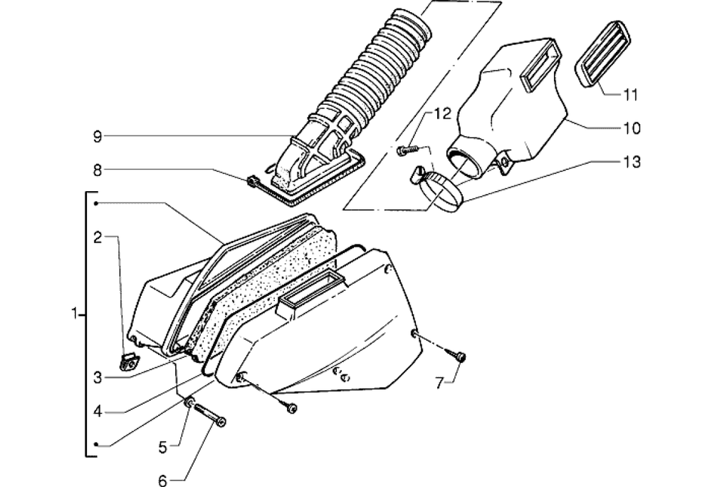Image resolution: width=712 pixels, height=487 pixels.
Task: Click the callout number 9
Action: (98, 136)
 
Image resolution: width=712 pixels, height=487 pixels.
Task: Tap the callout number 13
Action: (631, 162)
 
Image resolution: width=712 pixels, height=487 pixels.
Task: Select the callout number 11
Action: (630, 96)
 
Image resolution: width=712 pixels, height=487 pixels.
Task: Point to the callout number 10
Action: (631, 128)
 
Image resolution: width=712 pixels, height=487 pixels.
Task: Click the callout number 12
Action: (442, 113)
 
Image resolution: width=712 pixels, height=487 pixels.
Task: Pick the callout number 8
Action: (98, 170)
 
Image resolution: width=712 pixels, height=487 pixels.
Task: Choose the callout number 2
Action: (98, 237)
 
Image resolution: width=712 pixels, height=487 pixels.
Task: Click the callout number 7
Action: (439, 384)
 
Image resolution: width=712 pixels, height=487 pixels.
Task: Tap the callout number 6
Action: (162, 480)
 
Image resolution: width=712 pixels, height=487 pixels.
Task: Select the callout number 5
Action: (162, 448)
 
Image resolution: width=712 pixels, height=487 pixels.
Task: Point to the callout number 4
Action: (98, 412)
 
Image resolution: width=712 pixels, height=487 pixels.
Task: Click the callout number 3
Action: (98, 378)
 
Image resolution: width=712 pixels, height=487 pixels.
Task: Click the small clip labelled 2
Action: (129, 362)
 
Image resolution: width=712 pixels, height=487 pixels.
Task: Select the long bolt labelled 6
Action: (210, 415)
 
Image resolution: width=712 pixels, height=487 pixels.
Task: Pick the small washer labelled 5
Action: (189, 402)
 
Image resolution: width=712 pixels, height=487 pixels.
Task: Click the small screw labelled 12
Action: (407, 149)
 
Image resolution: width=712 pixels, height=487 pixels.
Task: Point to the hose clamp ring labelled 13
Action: (439, 195)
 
